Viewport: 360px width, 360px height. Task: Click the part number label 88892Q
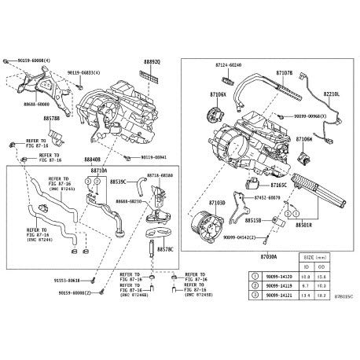[x=152, y=61]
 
